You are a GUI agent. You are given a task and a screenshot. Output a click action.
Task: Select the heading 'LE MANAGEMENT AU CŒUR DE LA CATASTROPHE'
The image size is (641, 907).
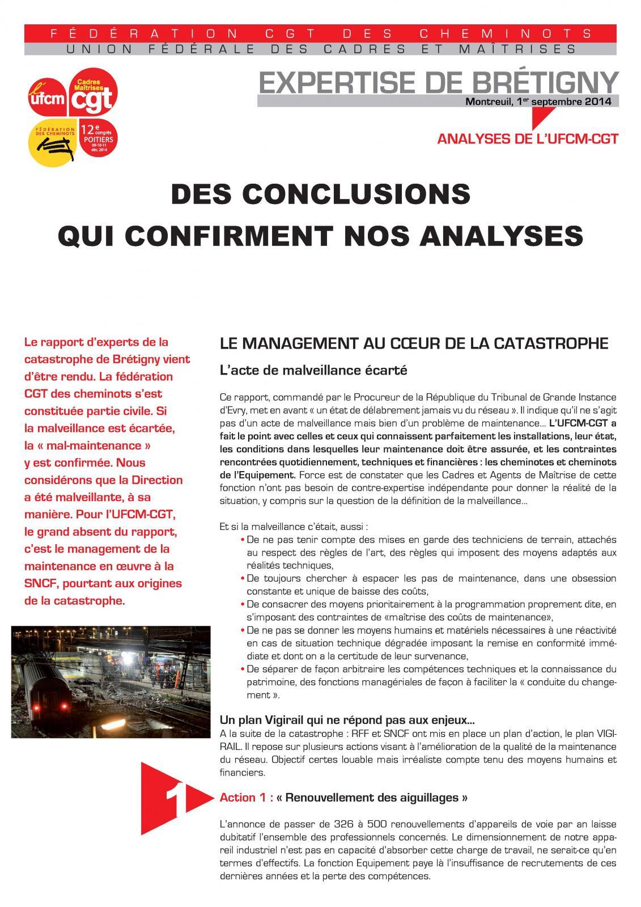(x=414, y=344)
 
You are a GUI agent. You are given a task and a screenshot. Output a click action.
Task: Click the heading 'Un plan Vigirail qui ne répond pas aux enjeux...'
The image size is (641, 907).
(x=347, y=721)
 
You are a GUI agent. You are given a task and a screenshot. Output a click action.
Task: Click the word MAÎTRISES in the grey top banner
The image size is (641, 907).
(x=525, y=49)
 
